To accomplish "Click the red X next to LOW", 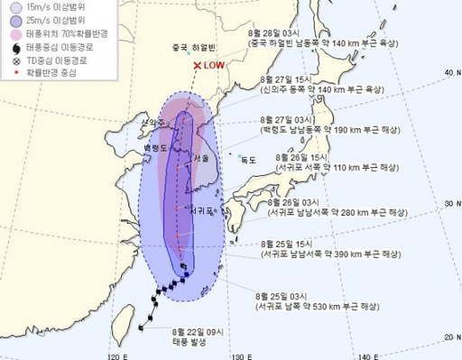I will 198,66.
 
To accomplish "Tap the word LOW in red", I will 216,66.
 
